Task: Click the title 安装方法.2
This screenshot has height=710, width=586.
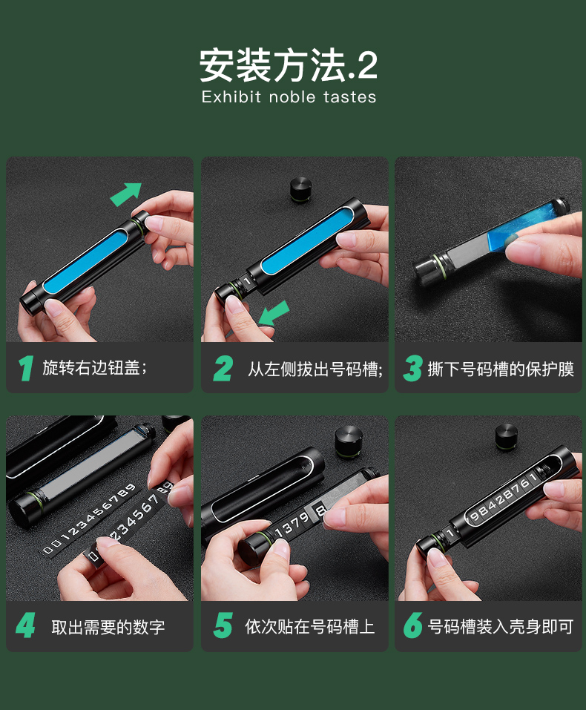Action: point(289,65)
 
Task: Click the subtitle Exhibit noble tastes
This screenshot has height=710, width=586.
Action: point(289,97)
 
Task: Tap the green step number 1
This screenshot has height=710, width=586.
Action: point(26,368)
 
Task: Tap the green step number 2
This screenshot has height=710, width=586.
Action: point(223,368)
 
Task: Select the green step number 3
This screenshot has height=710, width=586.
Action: point(412,368)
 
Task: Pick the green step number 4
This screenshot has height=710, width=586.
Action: point(26,625)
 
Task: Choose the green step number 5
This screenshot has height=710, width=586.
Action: point(223,625)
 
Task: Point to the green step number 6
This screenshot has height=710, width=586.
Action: point(412,625)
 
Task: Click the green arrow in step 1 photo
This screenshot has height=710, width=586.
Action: point(126,194)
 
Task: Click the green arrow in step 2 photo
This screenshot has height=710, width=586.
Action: point(274,313)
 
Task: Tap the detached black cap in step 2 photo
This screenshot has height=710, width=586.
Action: point(300,189)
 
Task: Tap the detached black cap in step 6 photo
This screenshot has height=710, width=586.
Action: point(506,436)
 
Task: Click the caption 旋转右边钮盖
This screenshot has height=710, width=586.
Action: point(91,368)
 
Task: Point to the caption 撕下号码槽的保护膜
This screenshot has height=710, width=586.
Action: point(501,369)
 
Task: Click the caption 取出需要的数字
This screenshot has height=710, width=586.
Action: point(108,627)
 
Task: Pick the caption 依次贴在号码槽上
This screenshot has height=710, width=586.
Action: point(310,627)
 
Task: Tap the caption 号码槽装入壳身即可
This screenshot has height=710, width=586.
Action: point(501,627)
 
